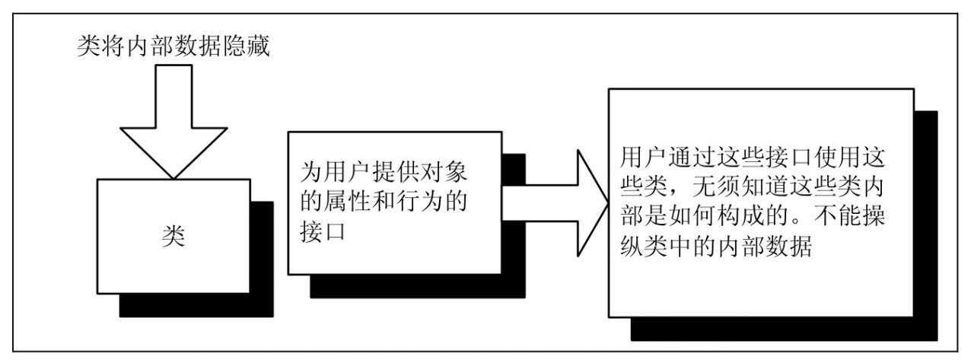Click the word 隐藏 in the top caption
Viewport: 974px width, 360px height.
(x=251, y=47)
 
